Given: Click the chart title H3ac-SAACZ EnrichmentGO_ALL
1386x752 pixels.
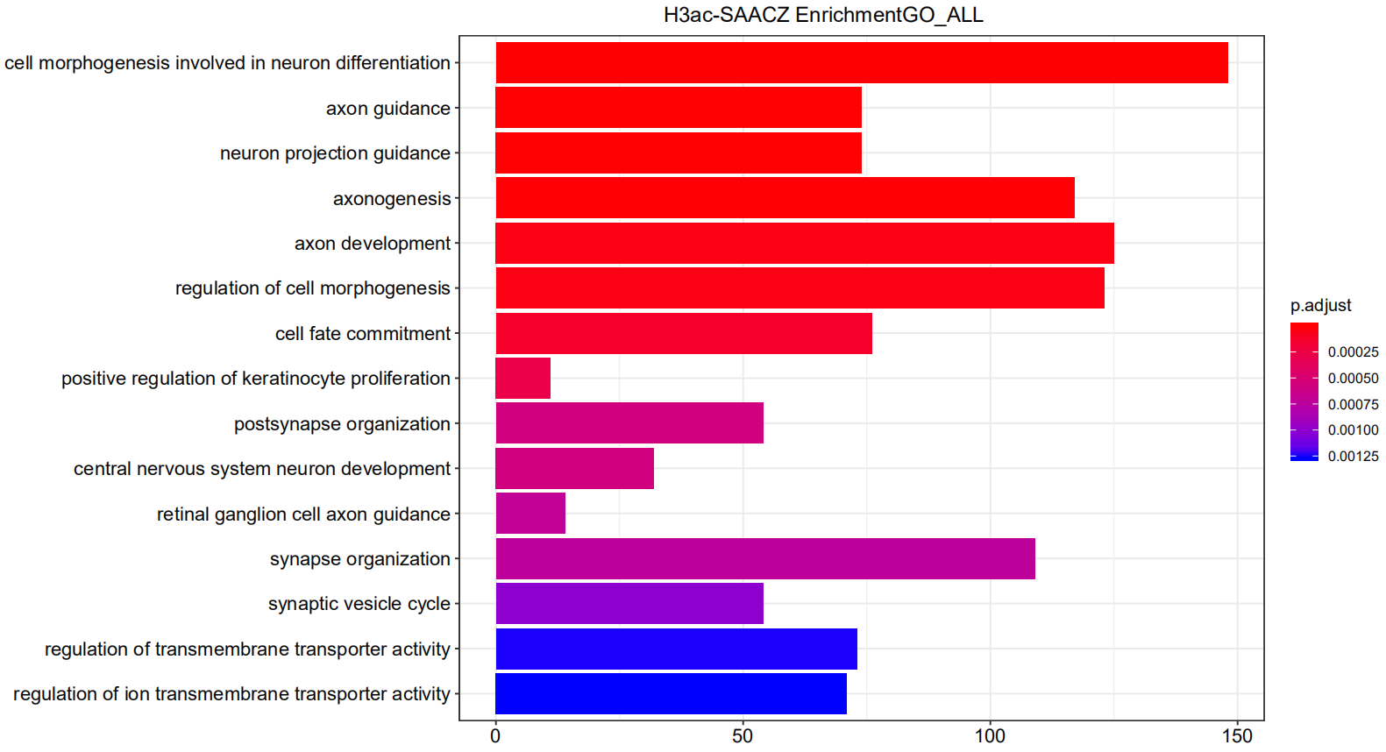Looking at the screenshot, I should (822, 15).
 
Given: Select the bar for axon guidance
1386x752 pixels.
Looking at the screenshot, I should (678, 108).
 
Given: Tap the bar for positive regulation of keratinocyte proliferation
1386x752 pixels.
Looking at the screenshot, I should (522, 379).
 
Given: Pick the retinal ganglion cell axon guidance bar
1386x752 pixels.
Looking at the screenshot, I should (530, 514).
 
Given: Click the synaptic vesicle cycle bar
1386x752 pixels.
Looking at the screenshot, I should (629, 604).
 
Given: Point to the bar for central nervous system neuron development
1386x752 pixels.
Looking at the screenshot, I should (574, 469).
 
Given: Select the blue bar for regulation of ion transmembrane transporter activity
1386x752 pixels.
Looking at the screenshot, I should (671, 694).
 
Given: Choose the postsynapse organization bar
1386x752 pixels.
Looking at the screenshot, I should (629, 423).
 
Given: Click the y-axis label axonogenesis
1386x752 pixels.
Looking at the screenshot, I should (392, 199).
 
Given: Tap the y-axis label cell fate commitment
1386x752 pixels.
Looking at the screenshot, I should (363, 334).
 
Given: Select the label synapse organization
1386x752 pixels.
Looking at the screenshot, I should (360, 559).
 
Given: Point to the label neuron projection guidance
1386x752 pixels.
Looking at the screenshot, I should (335, 153).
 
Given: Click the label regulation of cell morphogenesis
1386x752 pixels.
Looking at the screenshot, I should (313, 288).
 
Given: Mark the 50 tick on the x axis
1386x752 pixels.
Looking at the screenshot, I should (743, 736).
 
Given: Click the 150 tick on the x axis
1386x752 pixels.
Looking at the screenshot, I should (1237, 736).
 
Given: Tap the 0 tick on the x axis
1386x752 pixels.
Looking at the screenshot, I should (495, 736).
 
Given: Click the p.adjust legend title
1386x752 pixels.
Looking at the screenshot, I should (1320, 305).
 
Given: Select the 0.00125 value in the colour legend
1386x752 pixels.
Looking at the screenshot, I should (1353, 457).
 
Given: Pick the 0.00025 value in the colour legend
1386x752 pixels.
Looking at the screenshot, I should (1353, 352).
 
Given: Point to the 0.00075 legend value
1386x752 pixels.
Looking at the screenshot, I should (1353, 405).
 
